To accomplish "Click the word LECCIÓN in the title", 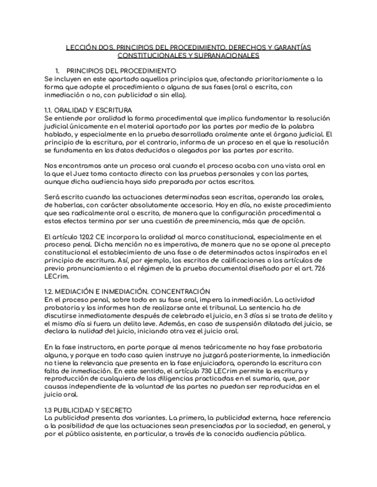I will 79,47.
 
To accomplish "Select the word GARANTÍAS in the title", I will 291,47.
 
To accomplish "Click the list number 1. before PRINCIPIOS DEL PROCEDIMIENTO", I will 58,71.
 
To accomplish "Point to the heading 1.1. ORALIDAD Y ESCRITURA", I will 88,110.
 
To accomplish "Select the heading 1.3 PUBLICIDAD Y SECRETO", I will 88,409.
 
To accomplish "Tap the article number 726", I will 321,268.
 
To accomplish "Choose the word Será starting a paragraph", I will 52,197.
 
